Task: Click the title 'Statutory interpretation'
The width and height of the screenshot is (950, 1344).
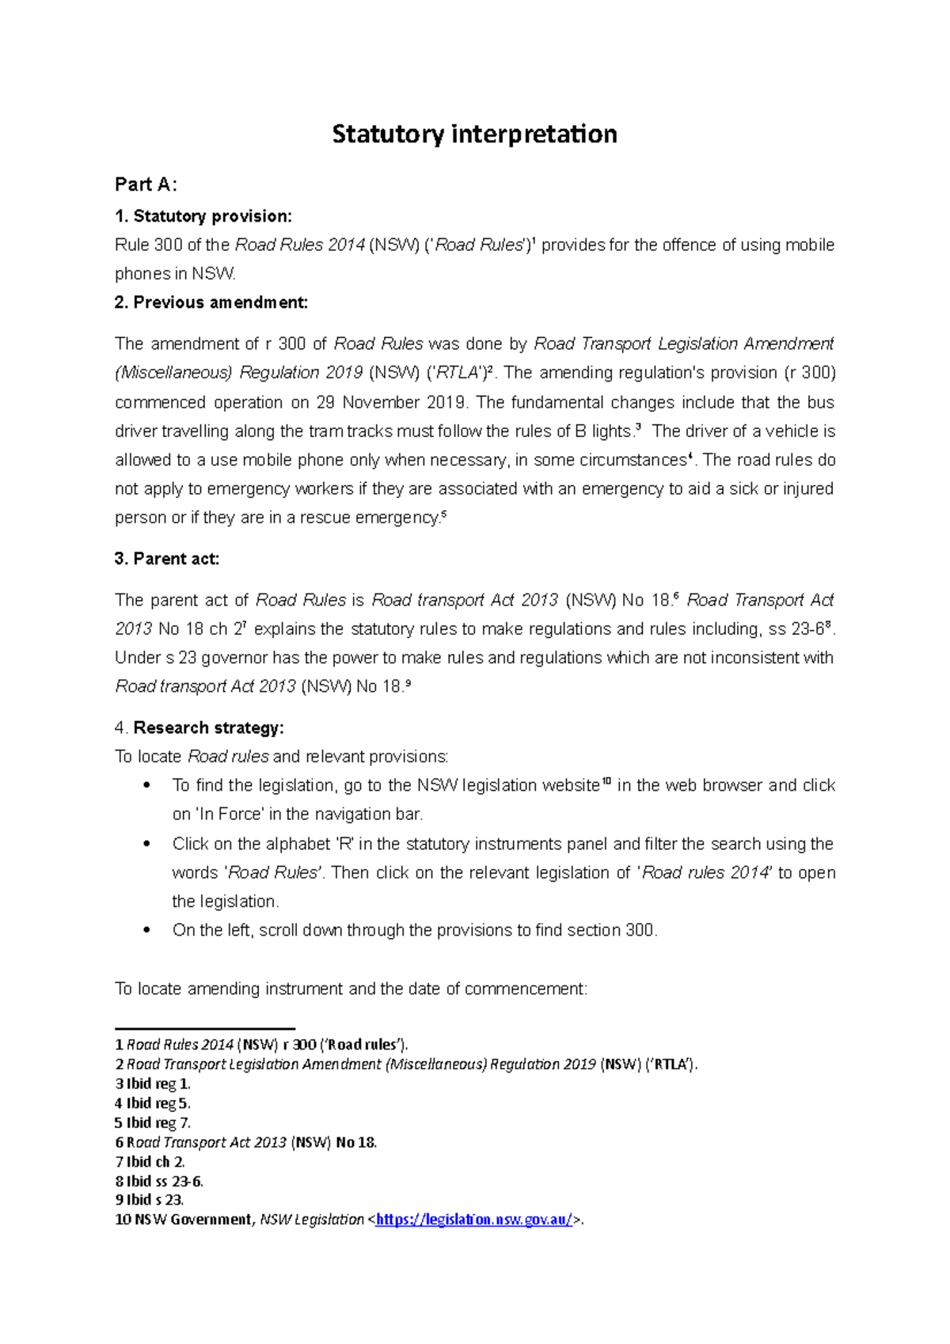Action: click(x=474, y=134)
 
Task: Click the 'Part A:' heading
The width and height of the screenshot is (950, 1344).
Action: click(x=146, y=184)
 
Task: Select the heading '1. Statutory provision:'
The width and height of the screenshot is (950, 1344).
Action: click(x=203, y=216)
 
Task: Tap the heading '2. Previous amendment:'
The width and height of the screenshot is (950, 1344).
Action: click(x=211, y=302)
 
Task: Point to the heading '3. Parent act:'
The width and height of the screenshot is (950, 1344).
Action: click(x=167, y=559)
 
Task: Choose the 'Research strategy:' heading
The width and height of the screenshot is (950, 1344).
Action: click(x=208, y=727)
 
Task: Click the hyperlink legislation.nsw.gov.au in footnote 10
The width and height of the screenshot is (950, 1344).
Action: click(x=473, y=1220)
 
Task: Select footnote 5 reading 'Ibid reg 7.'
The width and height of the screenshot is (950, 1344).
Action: click(x=153, y=1122)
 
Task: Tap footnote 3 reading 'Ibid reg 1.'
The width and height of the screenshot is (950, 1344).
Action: click(x=153, y=1084)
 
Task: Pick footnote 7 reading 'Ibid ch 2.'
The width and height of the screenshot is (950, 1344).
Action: click(x=150, y=1162)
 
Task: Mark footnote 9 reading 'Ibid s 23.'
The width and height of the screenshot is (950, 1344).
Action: click(x=150, y=1200)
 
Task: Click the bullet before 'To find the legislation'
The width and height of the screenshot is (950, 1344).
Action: click(x=146, y=786)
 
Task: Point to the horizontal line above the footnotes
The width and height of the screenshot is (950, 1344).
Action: click(x=205, y=1028)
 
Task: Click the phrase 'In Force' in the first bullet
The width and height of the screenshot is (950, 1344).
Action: click(x=230, y=814)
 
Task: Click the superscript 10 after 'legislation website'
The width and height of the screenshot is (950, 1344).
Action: click(x=606, y=782)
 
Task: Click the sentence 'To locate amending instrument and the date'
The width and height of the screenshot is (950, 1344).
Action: click(x=351, y=989)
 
